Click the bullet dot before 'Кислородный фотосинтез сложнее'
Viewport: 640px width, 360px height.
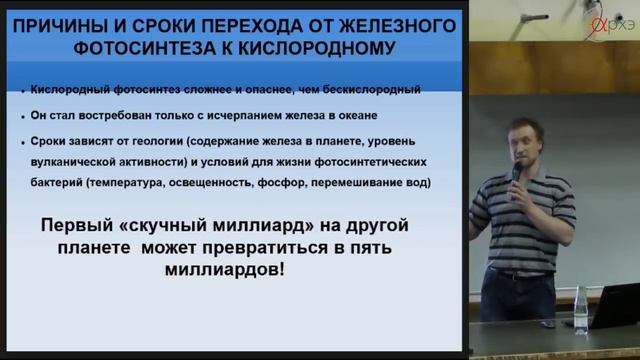tap(22, 91)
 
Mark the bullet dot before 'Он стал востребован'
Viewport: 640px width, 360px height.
tap(22, 117)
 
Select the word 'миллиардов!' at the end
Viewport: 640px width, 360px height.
tap(225, 270)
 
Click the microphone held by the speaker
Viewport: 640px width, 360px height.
tap(516, 173)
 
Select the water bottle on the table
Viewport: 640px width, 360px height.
tap(580, 311)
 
